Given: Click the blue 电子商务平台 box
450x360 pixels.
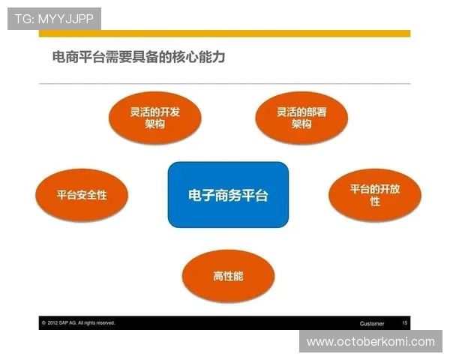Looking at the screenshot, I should point(228,195).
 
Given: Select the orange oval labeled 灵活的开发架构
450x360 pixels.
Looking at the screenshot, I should point(154,118).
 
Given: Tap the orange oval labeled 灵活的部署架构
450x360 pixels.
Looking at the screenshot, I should point(301,118).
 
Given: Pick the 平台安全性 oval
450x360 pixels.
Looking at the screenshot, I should point(82,195).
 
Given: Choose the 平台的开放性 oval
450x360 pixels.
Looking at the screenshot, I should point(375,195).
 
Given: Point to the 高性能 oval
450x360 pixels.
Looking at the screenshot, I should point(228,276).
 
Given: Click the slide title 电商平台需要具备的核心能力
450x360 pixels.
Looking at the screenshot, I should point(139,56).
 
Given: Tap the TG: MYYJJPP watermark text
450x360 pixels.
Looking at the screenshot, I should point(54,18).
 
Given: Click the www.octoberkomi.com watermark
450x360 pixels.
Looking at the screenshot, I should point(370,342).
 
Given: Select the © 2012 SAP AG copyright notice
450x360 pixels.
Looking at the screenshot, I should point(78,323).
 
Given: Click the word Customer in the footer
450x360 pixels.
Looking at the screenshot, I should point(372,323).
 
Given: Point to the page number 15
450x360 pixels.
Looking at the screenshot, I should point(405,323).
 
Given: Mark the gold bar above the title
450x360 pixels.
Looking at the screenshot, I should point(225,33).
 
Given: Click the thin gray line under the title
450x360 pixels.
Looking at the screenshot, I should point(225,83).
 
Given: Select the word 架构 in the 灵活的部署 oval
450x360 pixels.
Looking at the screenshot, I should point(301,124).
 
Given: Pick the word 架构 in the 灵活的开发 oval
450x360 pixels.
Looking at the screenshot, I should point(154,124).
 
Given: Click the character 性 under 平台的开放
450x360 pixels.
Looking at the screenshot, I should point(375,202).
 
